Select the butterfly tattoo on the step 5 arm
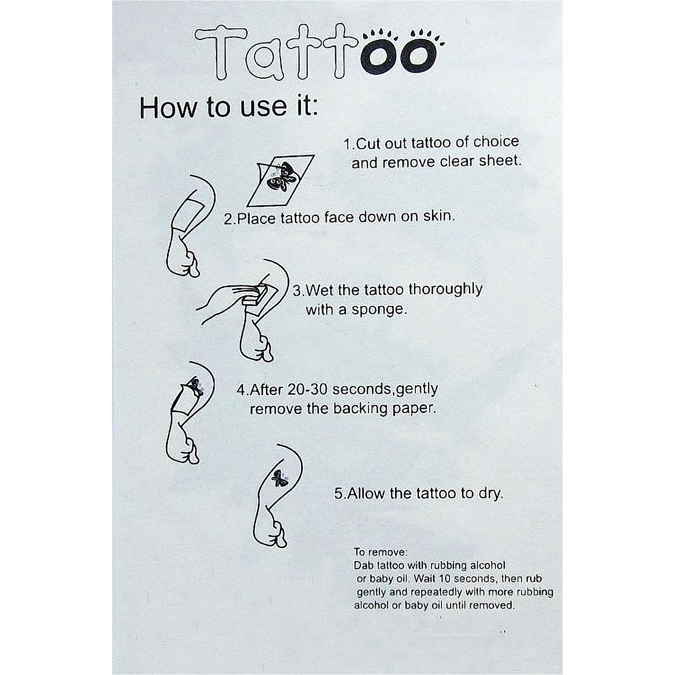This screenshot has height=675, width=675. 278,478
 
